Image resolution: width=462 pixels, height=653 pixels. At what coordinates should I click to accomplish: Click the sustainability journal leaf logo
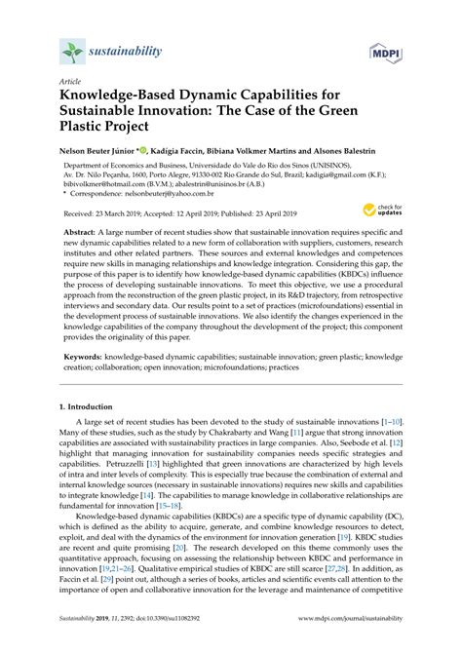pos(70,51)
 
